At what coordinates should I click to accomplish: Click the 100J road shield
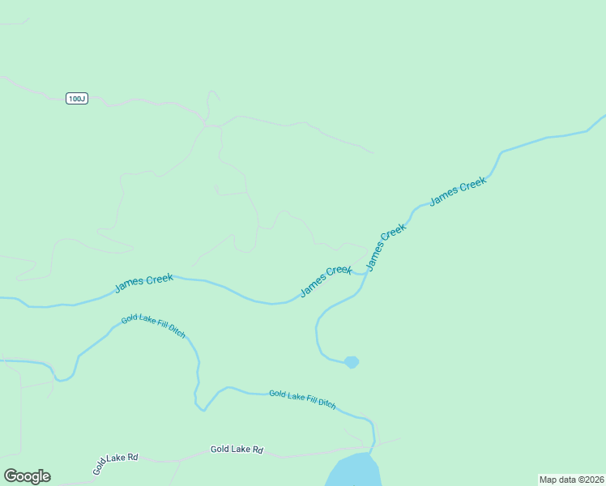coord(76,99)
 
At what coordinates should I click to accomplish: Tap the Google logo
coord(27,476)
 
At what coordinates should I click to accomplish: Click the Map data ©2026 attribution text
coord(571,480)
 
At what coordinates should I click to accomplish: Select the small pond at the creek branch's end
coord(351,362)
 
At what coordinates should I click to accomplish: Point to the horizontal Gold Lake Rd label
coord(237,450)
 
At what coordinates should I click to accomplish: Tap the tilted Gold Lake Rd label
coord(115,463)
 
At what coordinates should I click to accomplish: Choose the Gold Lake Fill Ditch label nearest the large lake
coord(302,398)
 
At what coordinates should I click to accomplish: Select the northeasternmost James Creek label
coord(458,192)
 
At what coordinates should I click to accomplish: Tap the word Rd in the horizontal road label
coord(258,450)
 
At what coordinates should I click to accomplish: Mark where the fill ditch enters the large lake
coord(372,452)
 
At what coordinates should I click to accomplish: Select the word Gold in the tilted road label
coord(99,467)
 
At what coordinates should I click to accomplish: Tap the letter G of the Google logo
coord(11,476)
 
